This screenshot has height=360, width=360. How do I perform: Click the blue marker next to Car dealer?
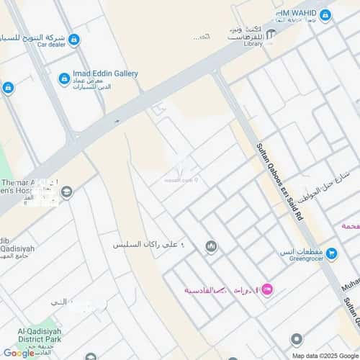click(74, 39)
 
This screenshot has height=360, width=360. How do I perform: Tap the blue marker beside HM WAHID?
click(325, 14)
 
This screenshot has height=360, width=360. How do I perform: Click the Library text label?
click(253, 44)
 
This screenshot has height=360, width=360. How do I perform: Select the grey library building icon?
click(271, 35)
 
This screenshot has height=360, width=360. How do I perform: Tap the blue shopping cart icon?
click(331, 253)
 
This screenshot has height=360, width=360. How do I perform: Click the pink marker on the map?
click(267, 289)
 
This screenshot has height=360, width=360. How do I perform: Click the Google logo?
click(19, 353)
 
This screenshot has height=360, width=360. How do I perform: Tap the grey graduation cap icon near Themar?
click(67, 192)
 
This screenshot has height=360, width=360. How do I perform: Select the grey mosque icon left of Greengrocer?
click(211, 247)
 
